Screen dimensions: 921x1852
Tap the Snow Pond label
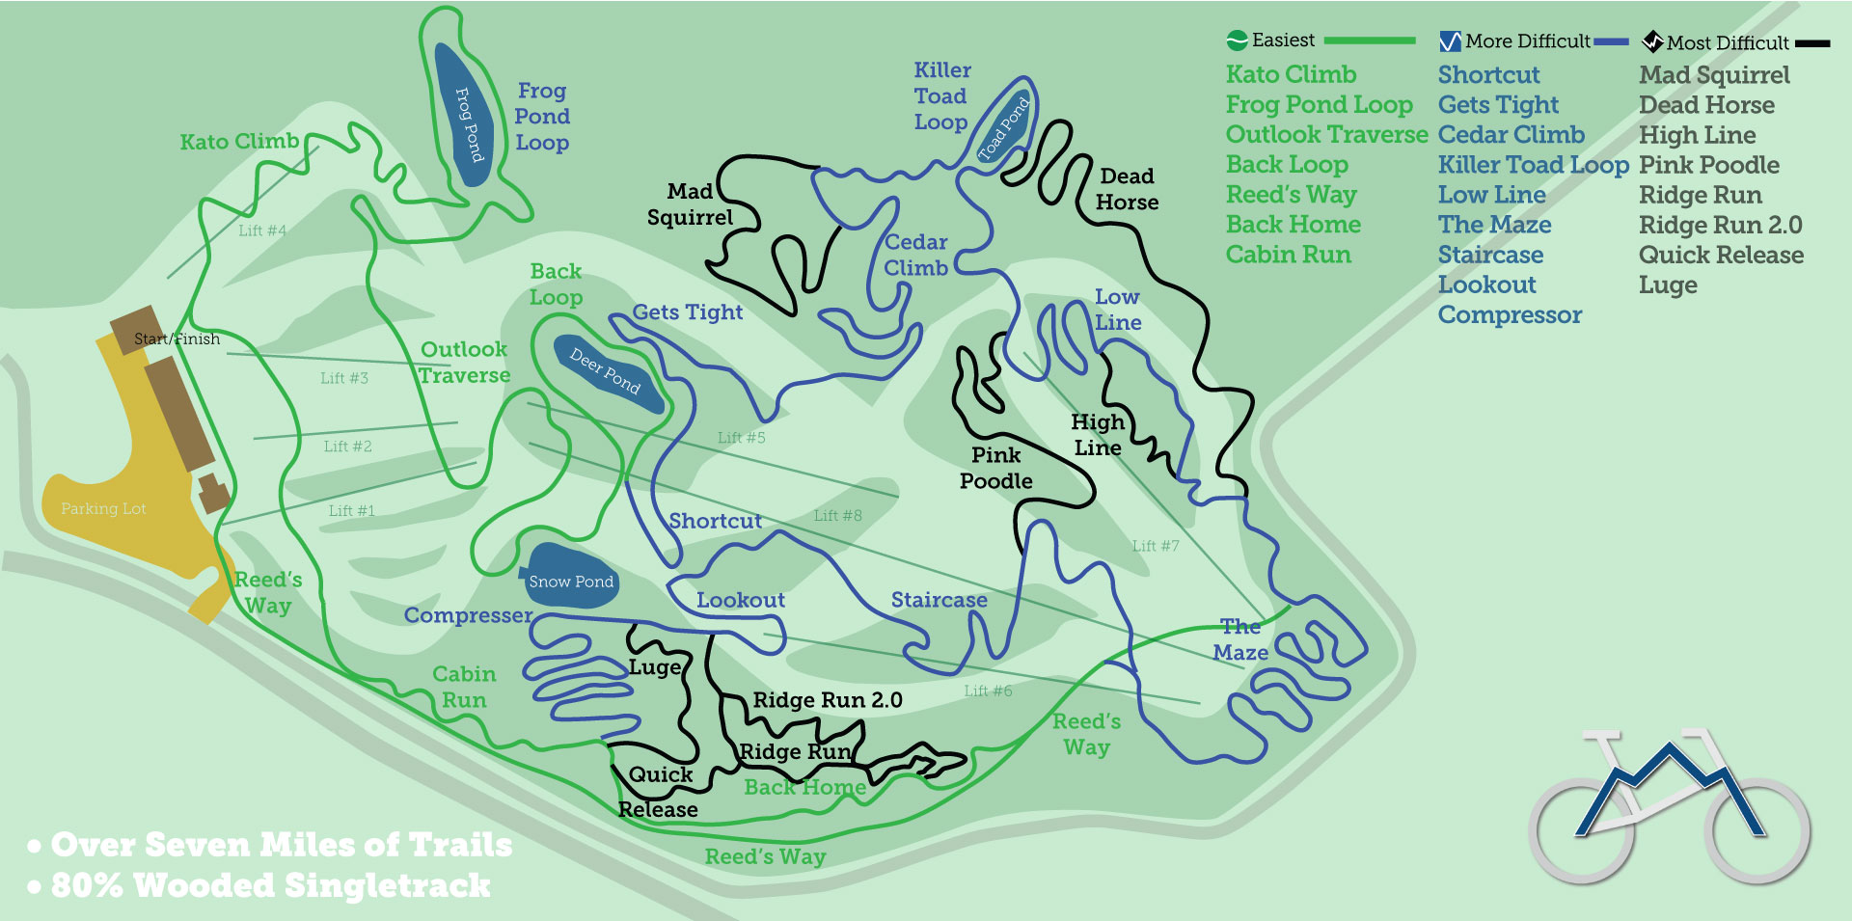[570, 582]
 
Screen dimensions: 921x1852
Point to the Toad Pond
[1004, 126]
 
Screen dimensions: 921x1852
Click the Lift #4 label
[262, 230]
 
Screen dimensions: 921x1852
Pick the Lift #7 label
[1156, 546]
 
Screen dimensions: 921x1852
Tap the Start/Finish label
[177, 339]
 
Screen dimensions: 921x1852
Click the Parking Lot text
[103, 508]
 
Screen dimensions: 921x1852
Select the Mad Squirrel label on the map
[690, 204]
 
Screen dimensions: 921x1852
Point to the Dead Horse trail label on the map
[1127, 189]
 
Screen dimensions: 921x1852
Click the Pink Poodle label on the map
[995, 468]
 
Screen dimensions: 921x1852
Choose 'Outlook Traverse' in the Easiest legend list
[1326, 135]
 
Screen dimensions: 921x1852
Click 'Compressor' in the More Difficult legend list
[1510, 315]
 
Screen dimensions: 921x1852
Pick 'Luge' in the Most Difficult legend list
[1668, 285]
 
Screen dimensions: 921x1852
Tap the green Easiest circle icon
[1238, 41]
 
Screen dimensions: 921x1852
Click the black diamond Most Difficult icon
[1652, 41]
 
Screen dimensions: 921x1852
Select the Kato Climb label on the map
[239, 142]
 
